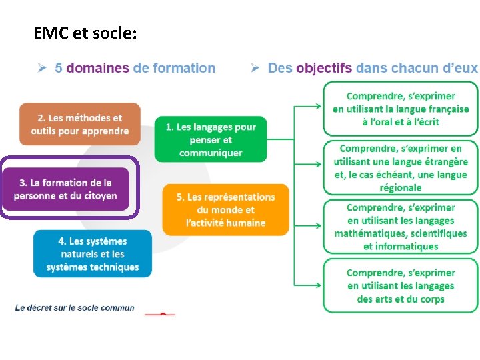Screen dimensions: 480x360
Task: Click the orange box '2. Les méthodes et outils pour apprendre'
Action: [79, 124]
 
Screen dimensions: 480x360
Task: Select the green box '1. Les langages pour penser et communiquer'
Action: [210, 139]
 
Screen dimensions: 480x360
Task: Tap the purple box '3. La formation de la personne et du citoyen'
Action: [65, 189]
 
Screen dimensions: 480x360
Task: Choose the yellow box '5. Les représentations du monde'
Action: [225, 209]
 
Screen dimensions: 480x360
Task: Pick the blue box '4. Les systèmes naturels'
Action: [93, 253]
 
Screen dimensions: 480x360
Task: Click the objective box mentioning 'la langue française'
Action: [401, 109]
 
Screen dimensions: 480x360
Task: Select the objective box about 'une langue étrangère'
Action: [401, 168]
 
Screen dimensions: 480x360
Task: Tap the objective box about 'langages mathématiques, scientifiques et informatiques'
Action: [401, 227]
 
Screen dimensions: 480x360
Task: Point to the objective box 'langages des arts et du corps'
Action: [401, 285]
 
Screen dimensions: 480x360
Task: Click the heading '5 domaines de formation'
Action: [135, 68]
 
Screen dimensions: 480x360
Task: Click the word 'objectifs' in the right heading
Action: [324, 68]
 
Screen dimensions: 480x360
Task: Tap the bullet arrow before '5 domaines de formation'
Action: [41, 68]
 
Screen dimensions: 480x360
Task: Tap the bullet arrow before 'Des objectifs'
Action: [255, 68]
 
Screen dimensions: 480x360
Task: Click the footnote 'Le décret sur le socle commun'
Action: [75, 307]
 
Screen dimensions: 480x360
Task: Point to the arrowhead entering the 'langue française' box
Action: [321, 105]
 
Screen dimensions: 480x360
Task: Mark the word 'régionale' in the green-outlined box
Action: [401, 188]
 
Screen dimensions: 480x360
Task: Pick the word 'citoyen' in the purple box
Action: [100, 195]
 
